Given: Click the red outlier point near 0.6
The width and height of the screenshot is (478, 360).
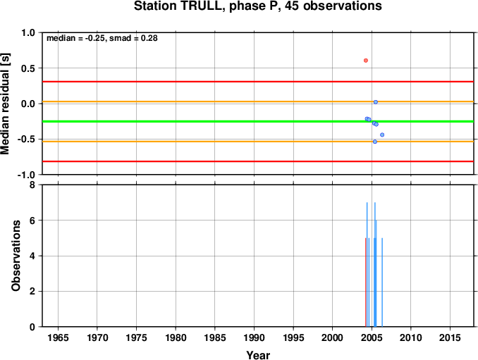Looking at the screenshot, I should coord(366,61).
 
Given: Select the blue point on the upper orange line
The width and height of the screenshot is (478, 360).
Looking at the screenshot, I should coord(376,102).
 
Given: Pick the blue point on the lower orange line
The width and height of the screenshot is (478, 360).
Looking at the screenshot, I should coord(375,142).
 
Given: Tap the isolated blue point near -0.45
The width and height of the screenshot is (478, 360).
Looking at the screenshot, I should coord(382,135).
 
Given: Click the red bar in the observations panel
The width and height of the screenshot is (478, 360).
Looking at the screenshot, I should coord(366,282).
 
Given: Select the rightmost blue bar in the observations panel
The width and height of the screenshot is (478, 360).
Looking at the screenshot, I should coord(382,282).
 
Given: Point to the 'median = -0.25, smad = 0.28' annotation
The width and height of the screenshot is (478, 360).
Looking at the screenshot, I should coord(102,38).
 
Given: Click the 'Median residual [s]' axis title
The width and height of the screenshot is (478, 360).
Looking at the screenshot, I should coord(6,104).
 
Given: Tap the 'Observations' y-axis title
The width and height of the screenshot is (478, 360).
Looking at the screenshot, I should coord(16,256).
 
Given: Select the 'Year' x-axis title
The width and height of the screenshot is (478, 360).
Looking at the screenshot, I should coord(258,355).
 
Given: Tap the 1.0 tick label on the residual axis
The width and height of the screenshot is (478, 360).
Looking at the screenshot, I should coord(28,32).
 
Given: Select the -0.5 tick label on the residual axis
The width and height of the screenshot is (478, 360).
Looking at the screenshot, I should coord(26,139).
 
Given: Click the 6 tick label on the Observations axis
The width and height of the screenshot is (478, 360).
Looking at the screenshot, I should coord(32,221).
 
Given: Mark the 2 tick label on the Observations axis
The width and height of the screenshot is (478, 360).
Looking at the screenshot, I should coord(32,291).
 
